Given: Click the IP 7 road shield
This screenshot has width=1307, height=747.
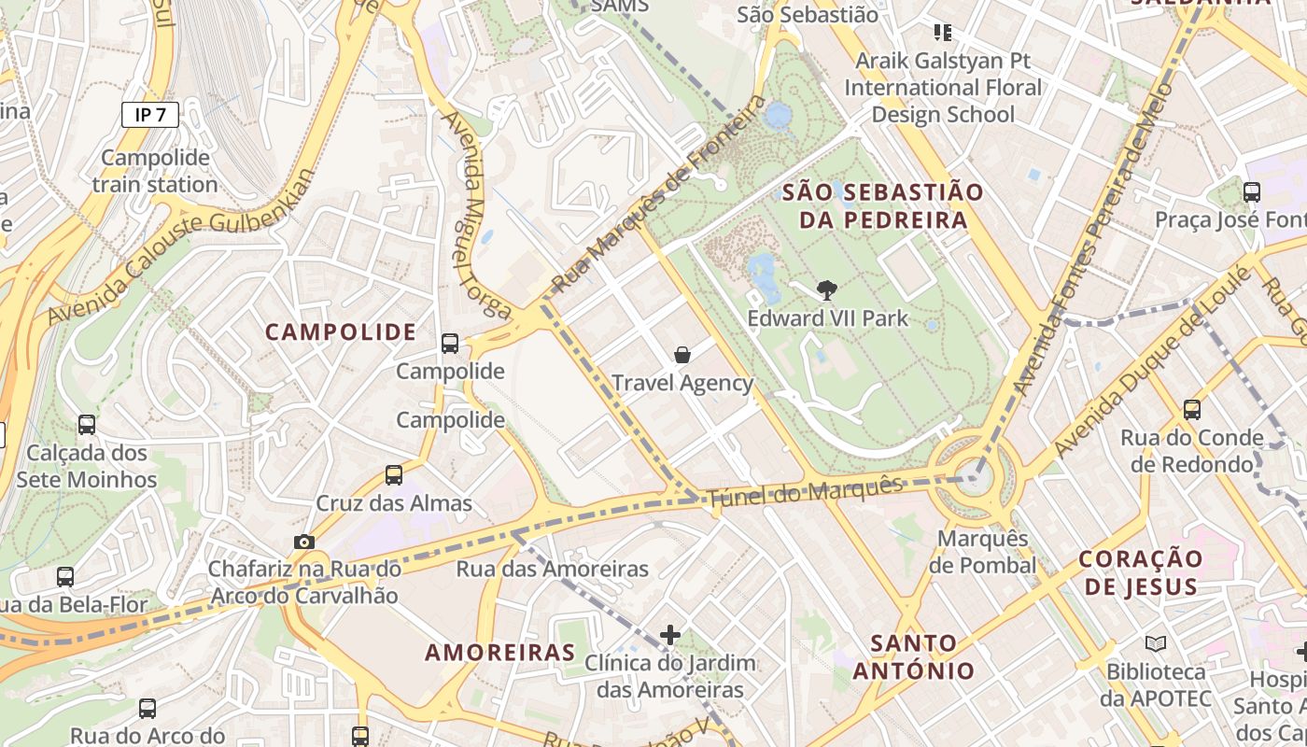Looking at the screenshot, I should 149,115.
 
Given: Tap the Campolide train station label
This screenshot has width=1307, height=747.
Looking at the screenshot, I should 155,171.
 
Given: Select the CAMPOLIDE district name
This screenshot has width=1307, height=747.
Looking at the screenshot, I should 341,332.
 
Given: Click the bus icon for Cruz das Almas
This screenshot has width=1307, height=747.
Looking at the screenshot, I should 394,475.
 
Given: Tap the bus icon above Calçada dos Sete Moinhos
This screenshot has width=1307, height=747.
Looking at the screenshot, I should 87,425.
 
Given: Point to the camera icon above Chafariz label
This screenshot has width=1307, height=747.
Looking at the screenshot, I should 303,542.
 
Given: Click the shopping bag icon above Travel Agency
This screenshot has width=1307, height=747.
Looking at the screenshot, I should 682,355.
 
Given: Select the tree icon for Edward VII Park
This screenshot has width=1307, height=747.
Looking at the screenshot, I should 826,290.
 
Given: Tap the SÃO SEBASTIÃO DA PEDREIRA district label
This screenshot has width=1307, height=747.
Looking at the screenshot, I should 883,206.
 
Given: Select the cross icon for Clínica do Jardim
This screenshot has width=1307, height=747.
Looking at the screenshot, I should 669,636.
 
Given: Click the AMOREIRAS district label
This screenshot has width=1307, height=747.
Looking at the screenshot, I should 500,652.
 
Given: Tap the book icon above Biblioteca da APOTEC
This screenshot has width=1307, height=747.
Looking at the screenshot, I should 1155,643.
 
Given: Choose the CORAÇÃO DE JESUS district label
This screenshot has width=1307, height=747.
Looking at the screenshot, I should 1140,572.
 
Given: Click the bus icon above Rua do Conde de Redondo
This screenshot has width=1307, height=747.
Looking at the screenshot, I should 1191,409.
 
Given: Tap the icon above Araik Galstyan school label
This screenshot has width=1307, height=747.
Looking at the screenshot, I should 943,34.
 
